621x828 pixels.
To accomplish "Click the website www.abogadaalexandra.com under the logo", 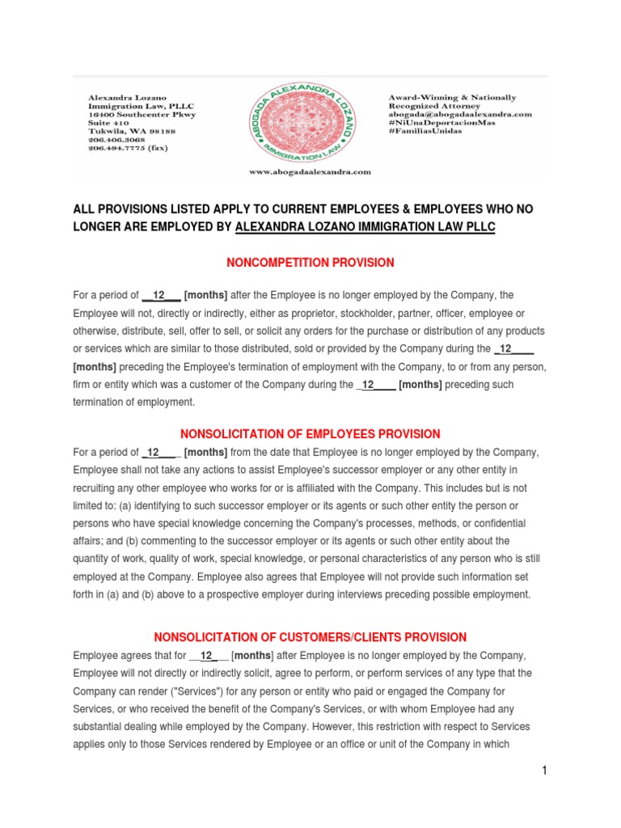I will (310, 171).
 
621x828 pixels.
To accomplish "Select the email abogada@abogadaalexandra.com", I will (459, 115).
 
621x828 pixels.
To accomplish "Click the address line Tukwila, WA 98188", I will (131, 131).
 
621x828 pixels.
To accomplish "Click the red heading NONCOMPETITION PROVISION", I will (310, 263).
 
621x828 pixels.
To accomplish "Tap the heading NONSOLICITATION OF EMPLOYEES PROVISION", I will (310, 434).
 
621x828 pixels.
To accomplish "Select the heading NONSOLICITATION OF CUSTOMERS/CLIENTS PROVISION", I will (310, 637).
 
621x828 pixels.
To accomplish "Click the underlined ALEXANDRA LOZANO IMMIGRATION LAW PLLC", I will (365, 227).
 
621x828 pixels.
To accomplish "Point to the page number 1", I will (545, 771).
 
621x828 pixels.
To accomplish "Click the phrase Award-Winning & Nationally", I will (452, 98).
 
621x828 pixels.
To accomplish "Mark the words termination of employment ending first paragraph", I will (133, 402).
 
